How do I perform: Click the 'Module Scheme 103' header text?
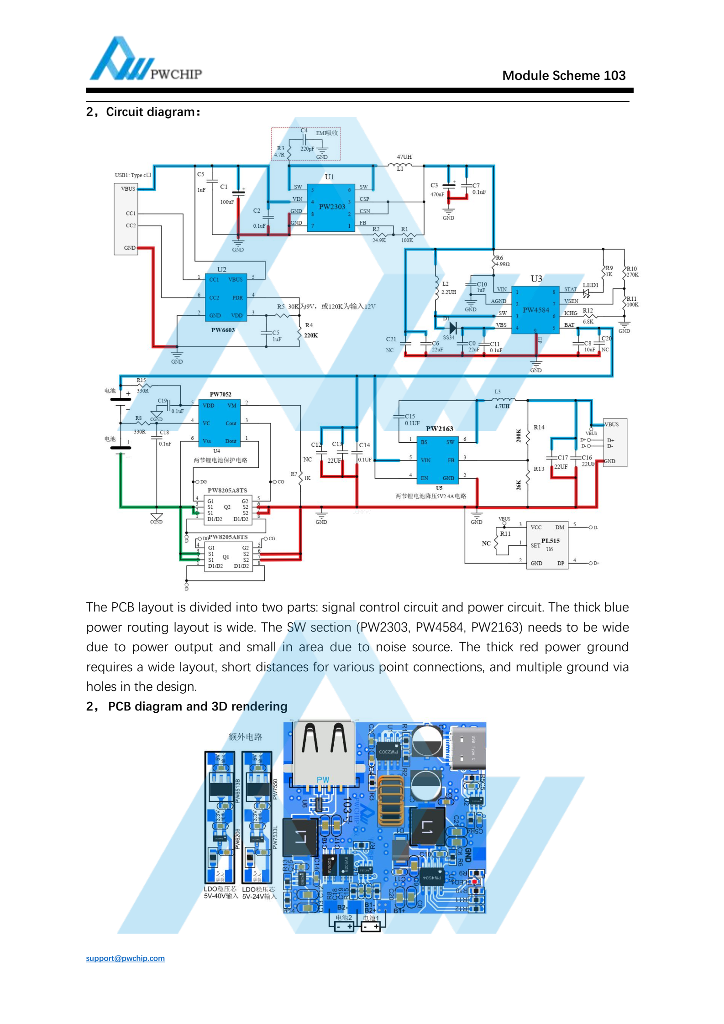563,76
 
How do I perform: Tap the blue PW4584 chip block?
535,310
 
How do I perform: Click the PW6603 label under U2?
223,330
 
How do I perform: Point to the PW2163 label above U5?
439,428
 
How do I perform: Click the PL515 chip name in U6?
550,541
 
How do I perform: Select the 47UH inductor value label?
404,157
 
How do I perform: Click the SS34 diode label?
448,337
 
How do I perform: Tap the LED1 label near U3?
590,285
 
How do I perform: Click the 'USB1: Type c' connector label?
133,175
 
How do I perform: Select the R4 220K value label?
311,335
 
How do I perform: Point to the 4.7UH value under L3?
502,406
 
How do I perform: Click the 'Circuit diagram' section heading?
143,112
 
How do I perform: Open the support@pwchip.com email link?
125,958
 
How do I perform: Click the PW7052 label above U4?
220,394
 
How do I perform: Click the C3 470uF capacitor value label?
437,194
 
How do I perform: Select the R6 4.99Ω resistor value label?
503,264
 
